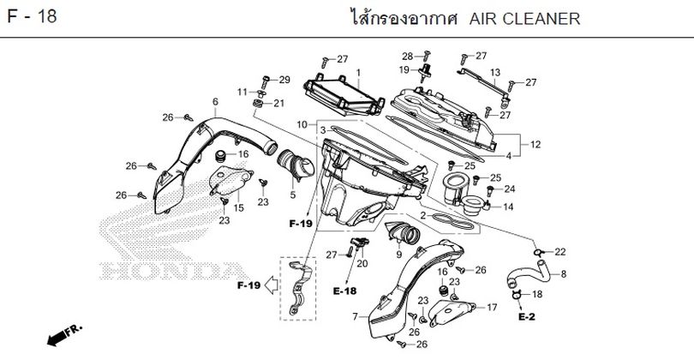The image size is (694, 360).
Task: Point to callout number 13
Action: pyautogui.click(x=494, y=72)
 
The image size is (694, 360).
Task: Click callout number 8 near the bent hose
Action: pyautogui.click(x=563, y=274)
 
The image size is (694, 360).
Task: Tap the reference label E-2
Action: pyautogui.click(x=526, y=316)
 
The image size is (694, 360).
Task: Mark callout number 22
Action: pyautogui.click(x=560, y=252)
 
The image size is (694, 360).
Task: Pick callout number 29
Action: pyautogui.click(x=285, y=80)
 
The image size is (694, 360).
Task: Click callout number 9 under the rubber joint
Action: pyautogui.click(x=398, y=255)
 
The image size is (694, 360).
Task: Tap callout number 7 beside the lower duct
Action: pyautogui.click(x=354, y=317)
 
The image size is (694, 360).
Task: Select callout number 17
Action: pyautogui.click(x=492, y=307)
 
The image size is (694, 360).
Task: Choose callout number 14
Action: pyautogui.click(x=508, y=207)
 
